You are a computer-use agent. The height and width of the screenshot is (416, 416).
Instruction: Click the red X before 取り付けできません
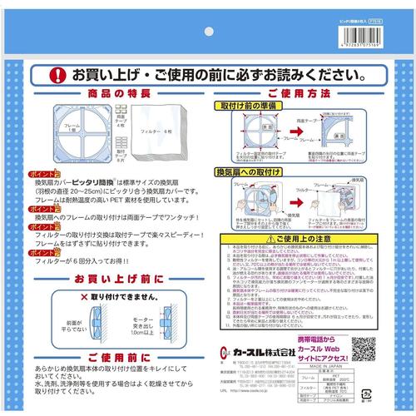(83, 295)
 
